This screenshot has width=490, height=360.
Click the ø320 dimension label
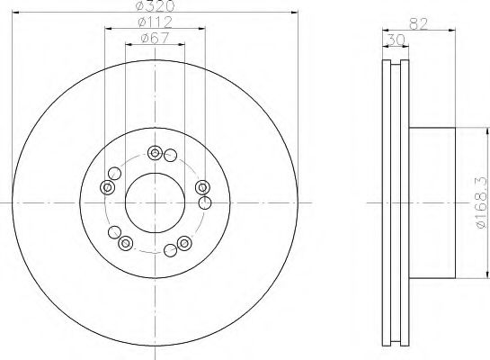[155, 6]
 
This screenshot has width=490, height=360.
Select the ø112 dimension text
[155, 22]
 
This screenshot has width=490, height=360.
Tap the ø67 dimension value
[155, 38]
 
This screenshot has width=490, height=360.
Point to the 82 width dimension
[418, 23]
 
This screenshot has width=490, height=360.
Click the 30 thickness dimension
[396, 40]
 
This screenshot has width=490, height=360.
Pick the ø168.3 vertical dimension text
[482, 202]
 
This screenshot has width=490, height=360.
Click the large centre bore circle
[155, 203]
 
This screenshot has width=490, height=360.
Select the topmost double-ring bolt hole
[155, 153]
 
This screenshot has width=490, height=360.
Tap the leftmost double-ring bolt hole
[107, 188]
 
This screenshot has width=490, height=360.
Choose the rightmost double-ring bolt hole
[202, 188]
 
